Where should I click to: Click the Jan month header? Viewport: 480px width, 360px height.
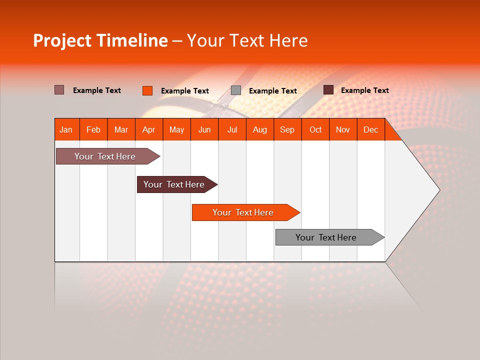(x=66, y=129)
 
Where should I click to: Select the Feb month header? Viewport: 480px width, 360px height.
(x=93, y=129)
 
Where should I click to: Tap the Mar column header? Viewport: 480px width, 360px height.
(x=121, y=129)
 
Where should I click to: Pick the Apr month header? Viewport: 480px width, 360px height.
(x=149, y=129)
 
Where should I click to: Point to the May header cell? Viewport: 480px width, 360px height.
(x=176, y=129)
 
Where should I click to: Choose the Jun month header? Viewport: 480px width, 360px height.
(x=204, y=129)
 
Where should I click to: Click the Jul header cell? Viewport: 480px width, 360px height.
(x=232, y=129)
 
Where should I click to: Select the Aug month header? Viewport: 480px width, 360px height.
(x=260, y=129)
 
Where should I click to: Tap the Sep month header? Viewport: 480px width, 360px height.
(x=287, y=129)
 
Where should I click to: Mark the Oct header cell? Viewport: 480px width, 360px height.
(x=315, y=129)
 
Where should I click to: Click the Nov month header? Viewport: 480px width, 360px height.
(x=343, y=129)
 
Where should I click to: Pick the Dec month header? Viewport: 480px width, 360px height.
(x=371, y=129)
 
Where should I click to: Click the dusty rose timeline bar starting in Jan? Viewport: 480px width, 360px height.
(x=105, y=156)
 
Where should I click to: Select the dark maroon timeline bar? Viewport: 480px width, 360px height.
(x=174, y=184)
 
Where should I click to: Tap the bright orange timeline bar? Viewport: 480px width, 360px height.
(x=243, y=212)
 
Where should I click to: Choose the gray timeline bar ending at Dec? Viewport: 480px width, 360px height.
(x=326, y=237)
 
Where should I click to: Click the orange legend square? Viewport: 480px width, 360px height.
(x=147, y=90)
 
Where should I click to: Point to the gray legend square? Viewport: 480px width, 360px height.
(x=236, y=90)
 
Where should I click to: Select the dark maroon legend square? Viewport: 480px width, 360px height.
(x=328, y=90)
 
